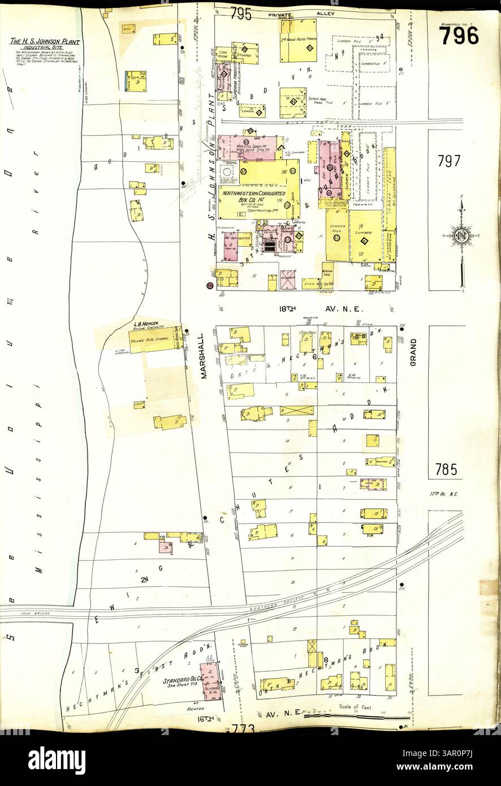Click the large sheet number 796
click(x=459, y=36)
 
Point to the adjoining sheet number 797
click(x=449, y=161)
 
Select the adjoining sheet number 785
click(x=449, y=469)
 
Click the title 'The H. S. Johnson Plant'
click(x=45, y=42)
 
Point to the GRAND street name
click(x=413, y=352)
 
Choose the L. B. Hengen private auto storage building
click(x=153, y=341)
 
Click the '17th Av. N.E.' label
click(x=443, y=494)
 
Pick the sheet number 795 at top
click(x=240, y=14)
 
